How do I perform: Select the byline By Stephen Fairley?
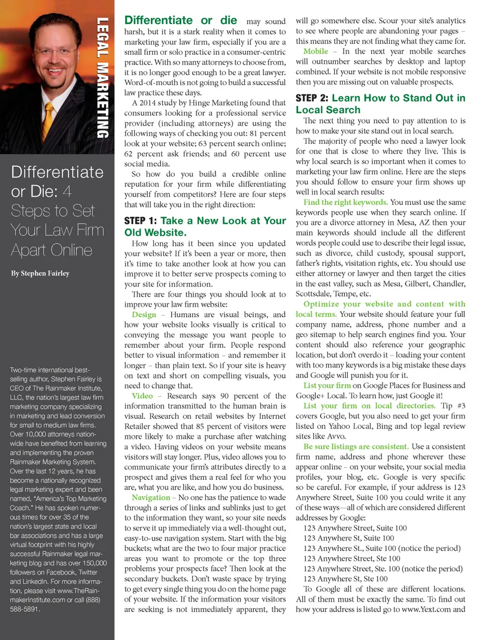pos(40,273)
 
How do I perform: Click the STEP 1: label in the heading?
pos(141,221)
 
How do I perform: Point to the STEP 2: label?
pos(312,98)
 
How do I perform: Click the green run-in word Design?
pos(144,315)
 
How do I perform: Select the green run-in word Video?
pos(142,396)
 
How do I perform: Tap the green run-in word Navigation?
pos(151,497)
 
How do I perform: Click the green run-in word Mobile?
pos(315,52)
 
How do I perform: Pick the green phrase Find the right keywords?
pos(345,202)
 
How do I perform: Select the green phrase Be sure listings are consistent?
pos(356,447)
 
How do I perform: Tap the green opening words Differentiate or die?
pos(181,21)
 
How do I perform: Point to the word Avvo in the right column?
pos(337,436)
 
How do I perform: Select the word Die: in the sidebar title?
pos(42,192)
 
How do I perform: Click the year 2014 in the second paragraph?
pos(148,103)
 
